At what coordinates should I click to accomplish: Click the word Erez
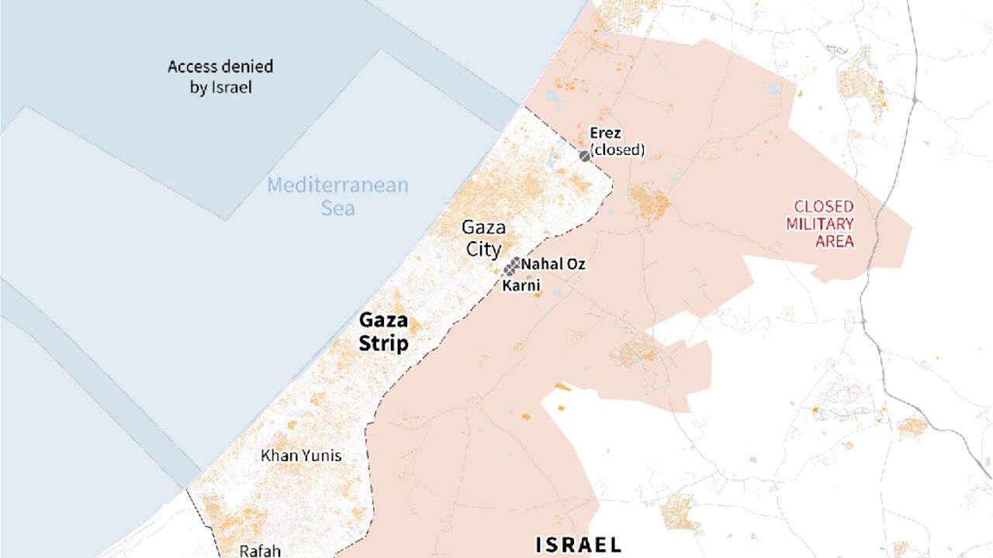point(605,133)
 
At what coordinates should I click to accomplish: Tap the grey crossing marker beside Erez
point(584,156)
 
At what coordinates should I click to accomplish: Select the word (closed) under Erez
point(618,150)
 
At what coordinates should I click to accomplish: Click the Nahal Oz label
point(553,264)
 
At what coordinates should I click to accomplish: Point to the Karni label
point(521,286)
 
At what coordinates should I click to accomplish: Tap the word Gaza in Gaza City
point(483,228)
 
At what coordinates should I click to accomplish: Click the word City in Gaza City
point(483,249)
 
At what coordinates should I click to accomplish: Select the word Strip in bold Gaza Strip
point(383,343)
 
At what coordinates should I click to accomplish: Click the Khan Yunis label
point(301,456)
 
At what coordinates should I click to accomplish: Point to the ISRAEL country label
point(579,545)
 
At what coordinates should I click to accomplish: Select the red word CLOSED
point(823,207)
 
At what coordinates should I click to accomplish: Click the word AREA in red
point(835,241)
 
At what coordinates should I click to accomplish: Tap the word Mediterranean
point(337,186)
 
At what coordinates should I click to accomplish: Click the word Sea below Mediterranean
point(338,208)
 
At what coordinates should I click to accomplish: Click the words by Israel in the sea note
point(221,87)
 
